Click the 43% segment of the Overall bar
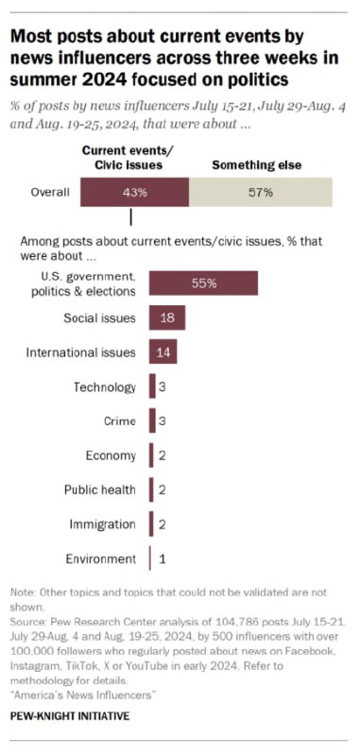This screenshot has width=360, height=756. click(x=134, y=193)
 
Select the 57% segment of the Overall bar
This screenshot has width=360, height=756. click(x=261, y=193)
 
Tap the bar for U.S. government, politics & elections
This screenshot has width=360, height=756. click(x=203, y=283)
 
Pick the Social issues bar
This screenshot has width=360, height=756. click(x=166, y=318)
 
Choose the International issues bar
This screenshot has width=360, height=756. click(x=163, y=352)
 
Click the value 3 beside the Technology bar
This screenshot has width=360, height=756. click(x=163, y=387)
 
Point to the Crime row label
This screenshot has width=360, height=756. click(x=121, y=421)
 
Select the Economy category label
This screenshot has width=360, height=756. click(x=111, y=455)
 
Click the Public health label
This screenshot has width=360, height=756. click(x=100, y=490)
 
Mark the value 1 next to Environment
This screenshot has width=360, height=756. click(x=162, y=558)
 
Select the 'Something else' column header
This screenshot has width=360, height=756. click(x=256, y=165)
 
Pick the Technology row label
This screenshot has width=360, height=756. click(x=105, y=387)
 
